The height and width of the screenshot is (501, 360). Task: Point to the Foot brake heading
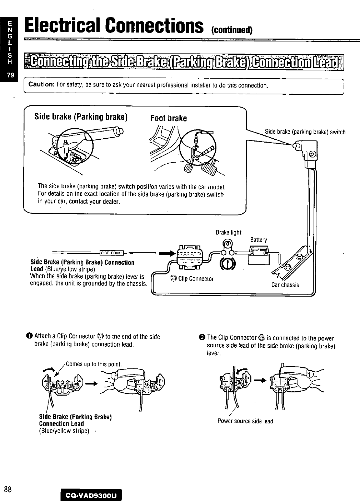click(x=169, y=118)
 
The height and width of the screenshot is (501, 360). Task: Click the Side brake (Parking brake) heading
click(x=81, y=117)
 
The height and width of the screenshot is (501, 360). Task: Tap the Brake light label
click(x=229, y=233)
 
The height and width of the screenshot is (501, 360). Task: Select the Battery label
click(x=258, y=240)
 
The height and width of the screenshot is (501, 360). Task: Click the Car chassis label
click(x=285, y=285)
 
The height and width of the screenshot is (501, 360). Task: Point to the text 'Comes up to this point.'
click(x=94, y=364)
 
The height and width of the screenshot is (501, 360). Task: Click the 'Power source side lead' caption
click(x=245, y=421)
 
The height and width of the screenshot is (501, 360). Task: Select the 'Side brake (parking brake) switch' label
click(x=305, y=132)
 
